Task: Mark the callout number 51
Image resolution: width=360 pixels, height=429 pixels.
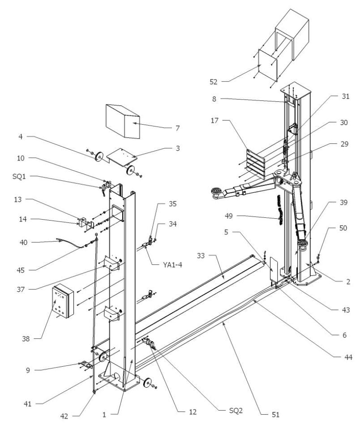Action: click(x=275, y=415)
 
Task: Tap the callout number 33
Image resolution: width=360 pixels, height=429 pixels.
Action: click(x=201, y=255)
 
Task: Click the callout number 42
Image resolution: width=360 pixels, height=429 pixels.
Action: click(x=65, y=416)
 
